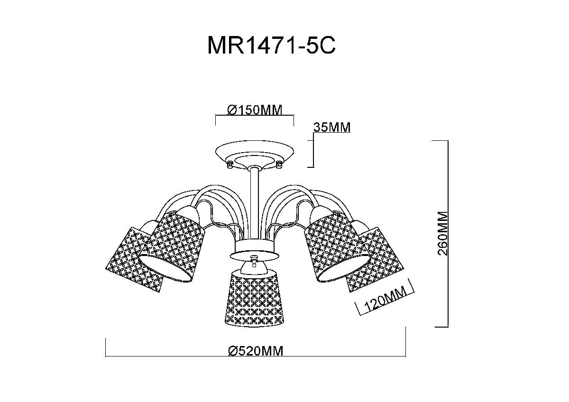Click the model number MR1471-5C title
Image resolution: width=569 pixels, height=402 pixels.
click(x=272, y=46)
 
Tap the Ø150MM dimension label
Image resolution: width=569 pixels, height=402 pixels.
click(x=255, y=110)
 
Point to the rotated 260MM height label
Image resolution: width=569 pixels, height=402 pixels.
click(x=443, y=233)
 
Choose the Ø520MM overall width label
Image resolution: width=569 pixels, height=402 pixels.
click(x=255, y=351)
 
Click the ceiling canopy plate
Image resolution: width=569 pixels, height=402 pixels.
click(x=254, y=155)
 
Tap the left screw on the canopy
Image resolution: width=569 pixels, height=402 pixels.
click(x=229, y=164)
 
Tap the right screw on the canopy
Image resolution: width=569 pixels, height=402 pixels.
click(x=279, y=164)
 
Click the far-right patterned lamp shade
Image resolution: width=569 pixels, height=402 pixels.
click(x=377, y=258)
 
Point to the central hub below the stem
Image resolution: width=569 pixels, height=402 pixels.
click(x=254, y=249)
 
